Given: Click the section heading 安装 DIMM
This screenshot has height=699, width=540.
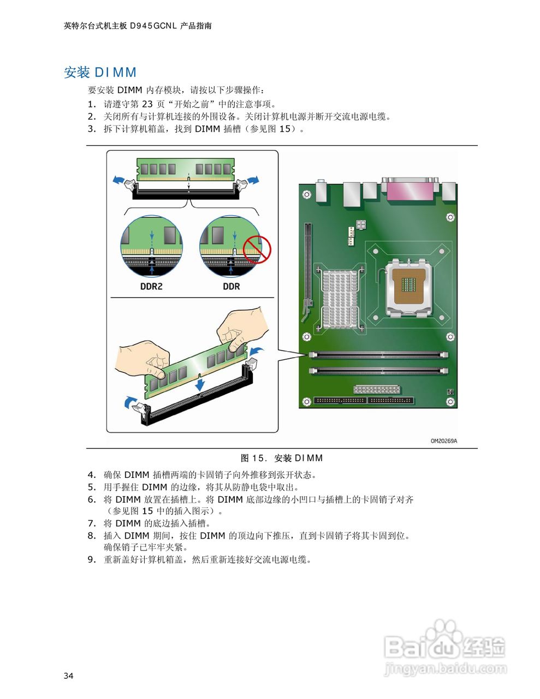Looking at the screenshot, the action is (100, 73).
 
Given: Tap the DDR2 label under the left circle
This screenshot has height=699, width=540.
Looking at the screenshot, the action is (151, 286).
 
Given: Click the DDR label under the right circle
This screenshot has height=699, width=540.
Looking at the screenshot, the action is (231, 286).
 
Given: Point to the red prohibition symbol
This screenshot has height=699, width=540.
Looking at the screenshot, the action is (257, 250).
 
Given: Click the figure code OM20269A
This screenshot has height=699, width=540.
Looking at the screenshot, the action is (443, 441).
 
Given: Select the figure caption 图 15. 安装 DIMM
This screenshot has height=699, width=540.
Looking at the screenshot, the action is (282, 458).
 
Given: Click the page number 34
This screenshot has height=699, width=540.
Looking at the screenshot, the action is (68, 676).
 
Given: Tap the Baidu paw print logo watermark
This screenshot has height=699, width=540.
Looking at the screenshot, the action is (443, 636).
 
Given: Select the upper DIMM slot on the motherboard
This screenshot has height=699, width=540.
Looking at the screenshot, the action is (378, 354).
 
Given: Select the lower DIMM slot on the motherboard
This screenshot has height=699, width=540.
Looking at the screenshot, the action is (378, 371).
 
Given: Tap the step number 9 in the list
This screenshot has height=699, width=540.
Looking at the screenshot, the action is (92, 559).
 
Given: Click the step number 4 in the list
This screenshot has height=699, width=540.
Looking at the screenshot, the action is (92, 475).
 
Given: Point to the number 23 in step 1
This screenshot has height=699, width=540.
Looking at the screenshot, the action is (147, 104).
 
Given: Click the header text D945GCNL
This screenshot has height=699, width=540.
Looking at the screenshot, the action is (153, 26).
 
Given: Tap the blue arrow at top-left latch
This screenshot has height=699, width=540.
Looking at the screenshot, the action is (117, 180).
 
